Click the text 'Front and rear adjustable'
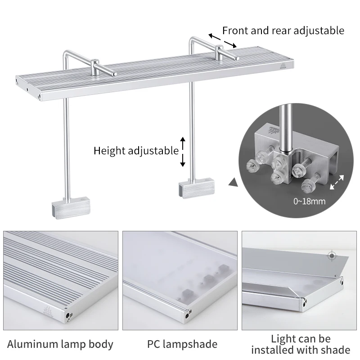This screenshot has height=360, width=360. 283,31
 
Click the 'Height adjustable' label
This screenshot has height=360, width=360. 136,151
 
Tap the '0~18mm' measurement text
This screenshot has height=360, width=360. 309,201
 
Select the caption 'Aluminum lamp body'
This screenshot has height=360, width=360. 60,345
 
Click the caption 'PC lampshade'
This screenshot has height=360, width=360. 182,345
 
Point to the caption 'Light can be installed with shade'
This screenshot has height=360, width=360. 301,344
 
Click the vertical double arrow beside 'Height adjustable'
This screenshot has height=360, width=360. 183,152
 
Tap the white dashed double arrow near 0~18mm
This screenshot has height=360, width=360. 337,184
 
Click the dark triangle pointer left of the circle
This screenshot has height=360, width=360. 233,182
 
